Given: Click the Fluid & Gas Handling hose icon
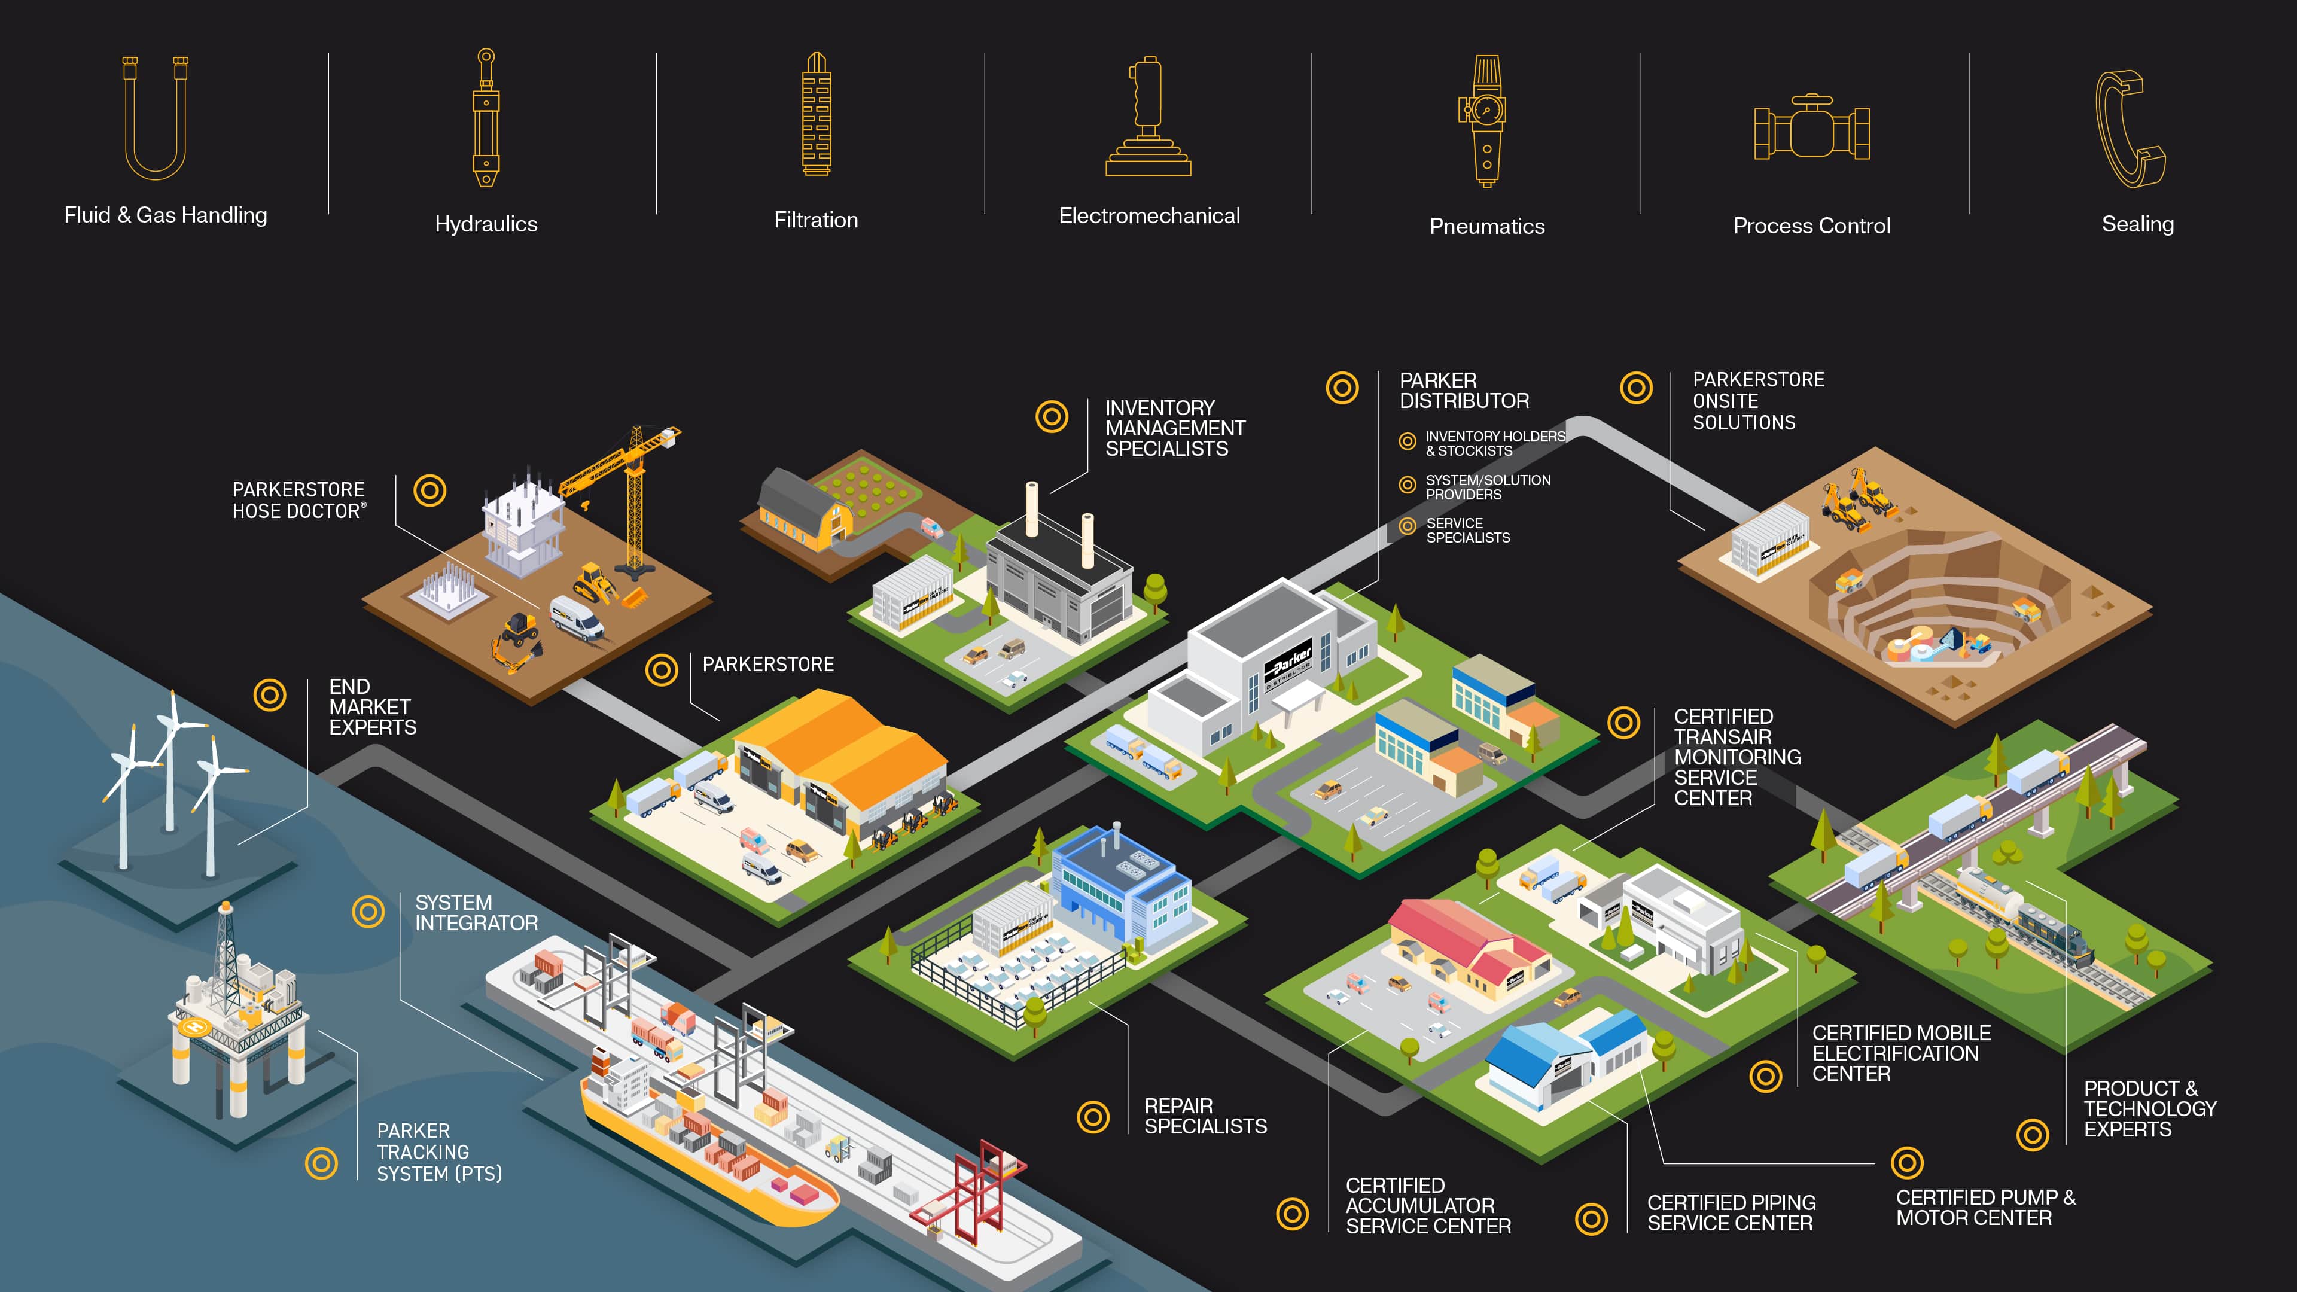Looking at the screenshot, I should pos(155,118).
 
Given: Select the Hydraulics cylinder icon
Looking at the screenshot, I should pos(486,118).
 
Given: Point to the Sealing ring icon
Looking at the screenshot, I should pos(2131,129).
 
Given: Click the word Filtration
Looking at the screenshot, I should pos(816,220).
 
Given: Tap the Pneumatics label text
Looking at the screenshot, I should pos(1486,227).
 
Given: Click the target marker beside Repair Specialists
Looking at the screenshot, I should pos(1093,1116).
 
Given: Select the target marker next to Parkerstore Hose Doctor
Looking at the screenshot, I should pos(430,490).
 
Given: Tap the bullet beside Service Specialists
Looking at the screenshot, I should pos(1407,526).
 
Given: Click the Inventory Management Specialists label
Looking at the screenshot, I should pos(1174,429).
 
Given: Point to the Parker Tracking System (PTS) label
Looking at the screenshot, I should pos(438,1152).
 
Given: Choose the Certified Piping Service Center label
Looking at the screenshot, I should pos(1731,1212).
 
